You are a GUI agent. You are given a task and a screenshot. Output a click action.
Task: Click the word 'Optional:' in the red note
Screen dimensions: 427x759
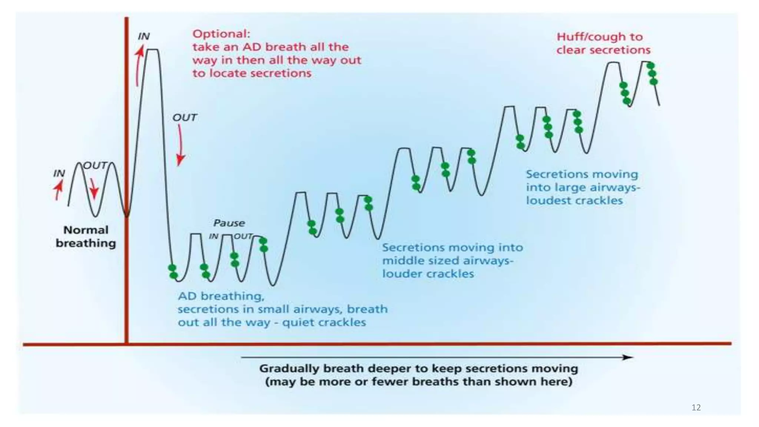tap(221, 34)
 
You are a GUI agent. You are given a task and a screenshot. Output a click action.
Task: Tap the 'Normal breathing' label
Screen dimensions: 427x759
tap(86, 236)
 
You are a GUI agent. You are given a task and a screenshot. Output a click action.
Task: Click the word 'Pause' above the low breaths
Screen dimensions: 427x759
tap(229, 223)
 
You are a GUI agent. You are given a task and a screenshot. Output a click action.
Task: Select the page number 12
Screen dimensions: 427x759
tap(696, 408)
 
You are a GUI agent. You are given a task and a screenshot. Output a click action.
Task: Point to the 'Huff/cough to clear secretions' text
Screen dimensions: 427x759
tap(603, 43)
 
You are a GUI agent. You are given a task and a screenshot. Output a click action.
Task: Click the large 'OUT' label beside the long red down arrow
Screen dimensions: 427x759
tap(185, 118)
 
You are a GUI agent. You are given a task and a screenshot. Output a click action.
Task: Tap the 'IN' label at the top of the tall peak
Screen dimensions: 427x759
tap(143, 36)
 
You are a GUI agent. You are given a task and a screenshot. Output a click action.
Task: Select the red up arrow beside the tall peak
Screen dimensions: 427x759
tap(139, 65)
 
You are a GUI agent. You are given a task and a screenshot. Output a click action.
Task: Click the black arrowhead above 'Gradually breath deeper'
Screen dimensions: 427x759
tap(627, 357)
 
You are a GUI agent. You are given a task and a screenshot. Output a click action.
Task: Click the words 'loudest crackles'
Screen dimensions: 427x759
tap(574, 201)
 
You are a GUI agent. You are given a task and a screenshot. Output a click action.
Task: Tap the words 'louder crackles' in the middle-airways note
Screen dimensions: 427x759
tap(428, 274)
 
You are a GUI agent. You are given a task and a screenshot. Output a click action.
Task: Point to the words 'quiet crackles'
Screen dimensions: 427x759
tap(324, 322)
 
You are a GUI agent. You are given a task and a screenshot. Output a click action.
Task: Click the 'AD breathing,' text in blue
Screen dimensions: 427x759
tap(221, 296)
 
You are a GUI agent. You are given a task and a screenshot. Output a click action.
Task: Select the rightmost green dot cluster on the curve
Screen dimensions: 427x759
tap(652, 73)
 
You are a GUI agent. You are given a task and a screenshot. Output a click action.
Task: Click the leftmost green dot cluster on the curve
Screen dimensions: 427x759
tap(173, 271)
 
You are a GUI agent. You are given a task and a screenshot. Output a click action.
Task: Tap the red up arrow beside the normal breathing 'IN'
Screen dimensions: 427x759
tap(58, 189)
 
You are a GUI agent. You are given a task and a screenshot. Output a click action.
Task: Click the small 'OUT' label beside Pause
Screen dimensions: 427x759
tap(243, 236)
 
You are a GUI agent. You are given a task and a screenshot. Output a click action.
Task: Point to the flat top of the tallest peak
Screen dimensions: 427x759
tap(153, 50)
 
